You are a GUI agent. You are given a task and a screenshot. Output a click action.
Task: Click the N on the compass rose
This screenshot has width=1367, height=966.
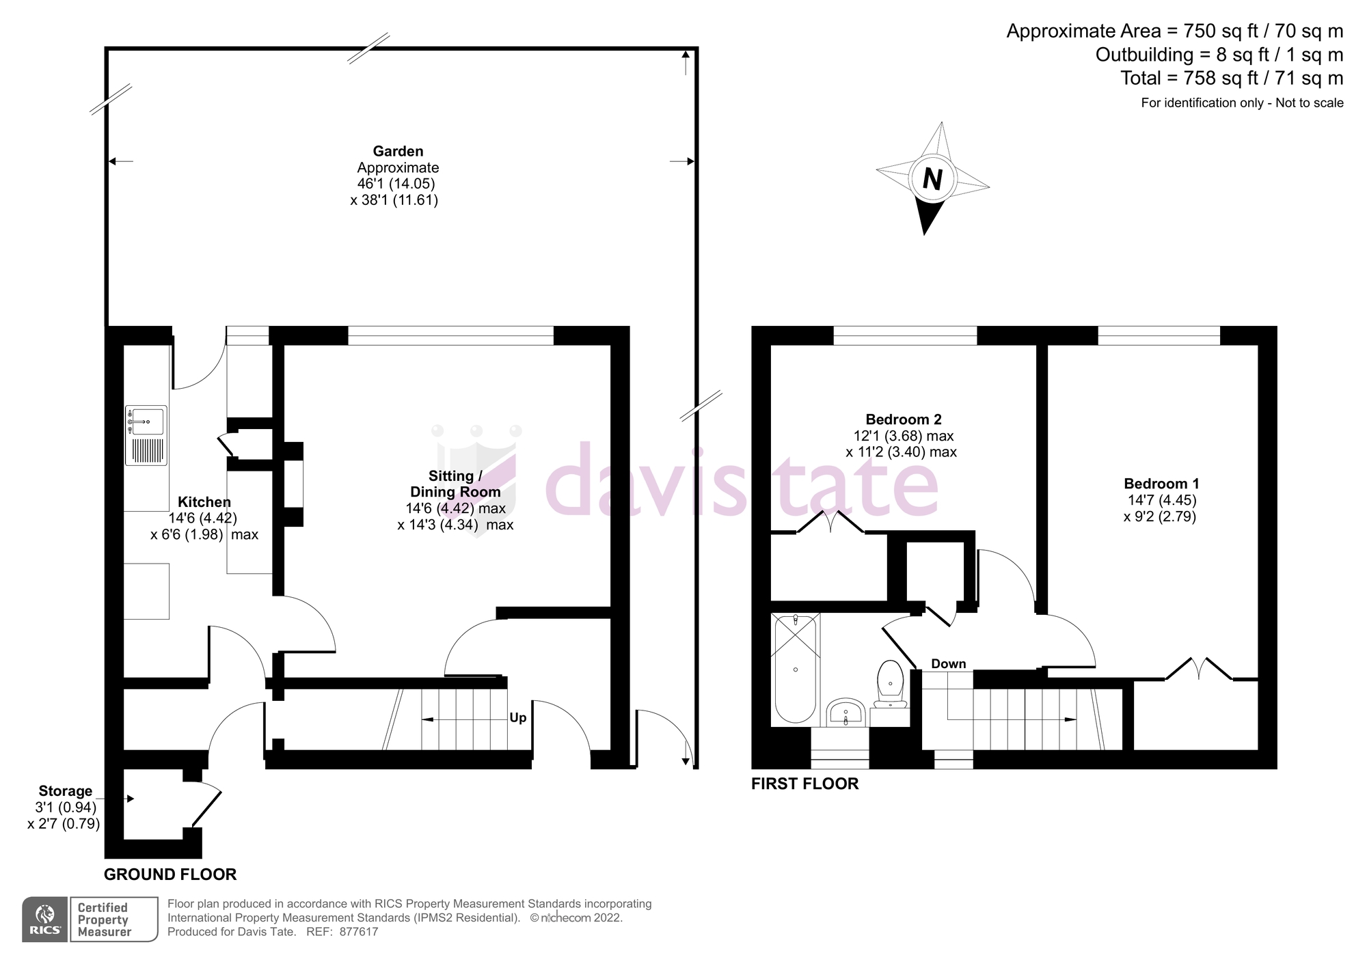[x=932, y=180]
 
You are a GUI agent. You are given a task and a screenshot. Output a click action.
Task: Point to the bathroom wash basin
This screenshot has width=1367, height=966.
[x=846, y=714]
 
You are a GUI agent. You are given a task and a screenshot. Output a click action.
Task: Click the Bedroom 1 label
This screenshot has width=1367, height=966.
[x=1161, y=484]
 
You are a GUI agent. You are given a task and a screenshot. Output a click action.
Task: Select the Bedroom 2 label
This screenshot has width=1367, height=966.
[x=903, y=419]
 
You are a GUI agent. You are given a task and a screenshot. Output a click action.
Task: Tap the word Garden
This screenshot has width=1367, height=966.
[x=398, y=151]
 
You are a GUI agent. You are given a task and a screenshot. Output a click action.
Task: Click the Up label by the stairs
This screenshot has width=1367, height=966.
[x=518, y=718]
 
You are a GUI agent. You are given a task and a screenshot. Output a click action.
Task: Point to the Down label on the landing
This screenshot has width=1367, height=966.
[x=948, y=664]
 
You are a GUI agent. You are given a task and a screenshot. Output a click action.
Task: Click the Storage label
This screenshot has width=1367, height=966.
[x=65, y=791]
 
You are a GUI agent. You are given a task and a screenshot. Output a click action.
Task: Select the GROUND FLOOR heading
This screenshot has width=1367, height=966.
[x=170, y=874]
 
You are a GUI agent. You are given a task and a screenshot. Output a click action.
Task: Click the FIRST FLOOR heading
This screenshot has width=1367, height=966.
[x=804, y=784]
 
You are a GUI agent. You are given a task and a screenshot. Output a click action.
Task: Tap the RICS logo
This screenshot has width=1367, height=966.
[x=45, y=919]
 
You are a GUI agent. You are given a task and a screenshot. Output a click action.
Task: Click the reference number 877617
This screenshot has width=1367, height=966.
[x=358, y=932]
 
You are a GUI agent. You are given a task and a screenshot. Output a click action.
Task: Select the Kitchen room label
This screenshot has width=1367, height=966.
[x=204, y=502]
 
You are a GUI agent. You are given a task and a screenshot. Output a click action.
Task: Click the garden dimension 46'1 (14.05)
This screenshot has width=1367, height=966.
[x=396, y=184]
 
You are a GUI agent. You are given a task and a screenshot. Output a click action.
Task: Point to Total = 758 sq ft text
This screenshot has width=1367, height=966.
[x=1231, y=79]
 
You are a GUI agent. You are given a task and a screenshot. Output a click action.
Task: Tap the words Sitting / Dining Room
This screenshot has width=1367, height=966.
[x=455, y=484]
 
